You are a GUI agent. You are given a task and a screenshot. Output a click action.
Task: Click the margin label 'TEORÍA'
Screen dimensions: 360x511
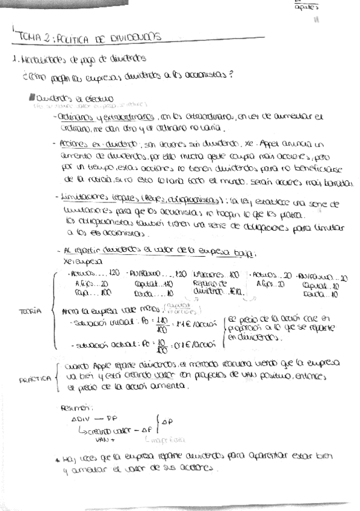point(30,311)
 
